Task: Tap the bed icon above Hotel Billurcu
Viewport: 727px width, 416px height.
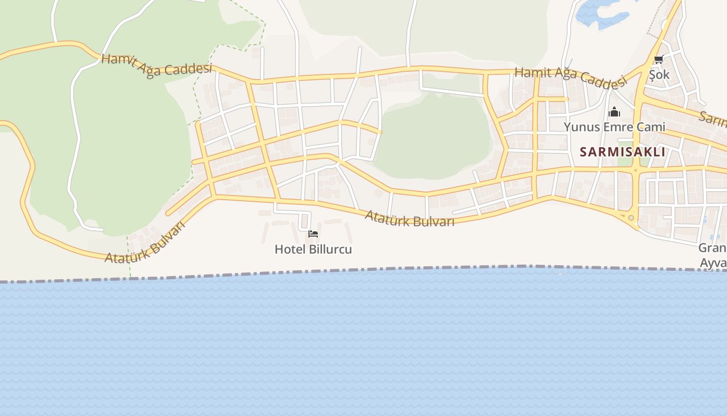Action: pos(313,234)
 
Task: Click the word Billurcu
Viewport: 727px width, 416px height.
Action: pos(330,249)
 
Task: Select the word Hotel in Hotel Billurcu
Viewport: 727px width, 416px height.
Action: pos(290,249)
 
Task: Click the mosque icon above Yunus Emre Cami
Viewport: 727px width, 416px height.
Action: pos(614,112)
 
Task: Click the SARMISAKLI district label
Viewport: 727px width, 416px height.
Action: pos(622,152)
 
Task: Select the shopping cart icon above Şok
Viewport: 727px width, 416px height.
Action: pos(659,60)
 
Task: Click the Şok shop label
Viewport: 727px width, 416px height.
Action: pos(659,74)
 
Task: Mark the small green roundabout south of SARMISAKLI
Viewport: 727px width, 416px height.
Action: pos(631,218)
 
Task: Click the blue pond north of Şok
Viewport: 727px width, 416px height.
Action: pos(597,13)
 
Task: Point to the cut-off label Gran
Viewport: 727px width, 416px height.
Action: pos(712,248)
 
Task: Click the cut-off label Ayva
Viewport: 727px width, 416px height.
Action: pos(713,263)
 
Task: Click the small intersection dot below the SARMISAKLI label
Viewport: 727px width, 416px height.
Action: pos(634,170)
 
